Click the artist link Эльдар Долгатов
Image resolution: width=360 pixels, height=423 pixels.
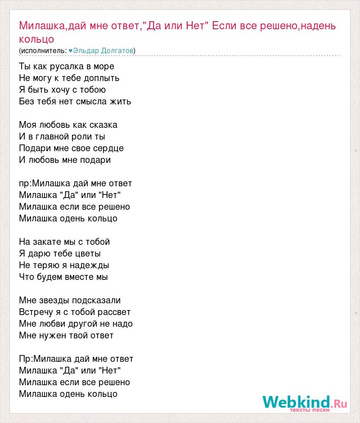point(103,51)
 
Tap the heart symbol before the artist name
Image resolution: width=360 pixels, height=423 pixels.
point(70,51)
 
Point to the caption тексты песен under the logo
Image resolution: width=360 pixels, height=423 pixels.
point(310,410)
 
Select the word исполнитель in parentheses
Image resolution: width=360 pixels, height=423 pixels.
point(43,51)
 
